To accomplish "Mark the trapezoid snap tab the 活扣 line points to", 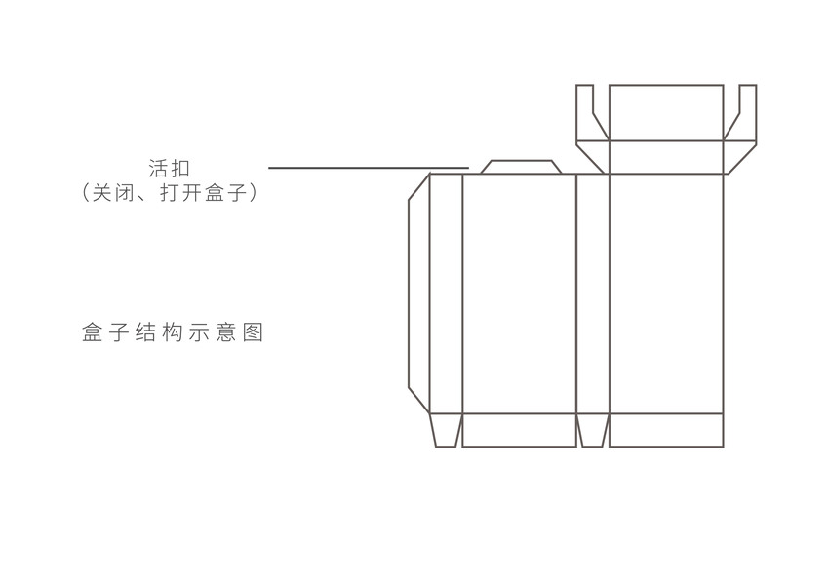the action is [519, 167].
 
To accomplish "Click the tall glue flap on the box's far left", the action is [417, 292].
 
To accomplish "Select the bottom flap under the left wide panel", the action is [519, 430].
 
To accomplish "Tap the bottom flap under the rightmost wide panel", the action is [666, 430].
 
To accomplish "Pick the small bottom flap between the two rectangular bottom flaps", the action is [593, 430].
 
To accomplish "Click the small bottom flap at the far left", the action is [446, 430].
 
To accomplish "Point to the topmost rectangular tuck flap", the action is [666, 112].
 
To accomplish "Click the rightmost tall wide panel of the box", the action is [666, 292].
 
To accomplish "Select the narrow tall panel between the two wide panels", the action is [593, 292].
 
